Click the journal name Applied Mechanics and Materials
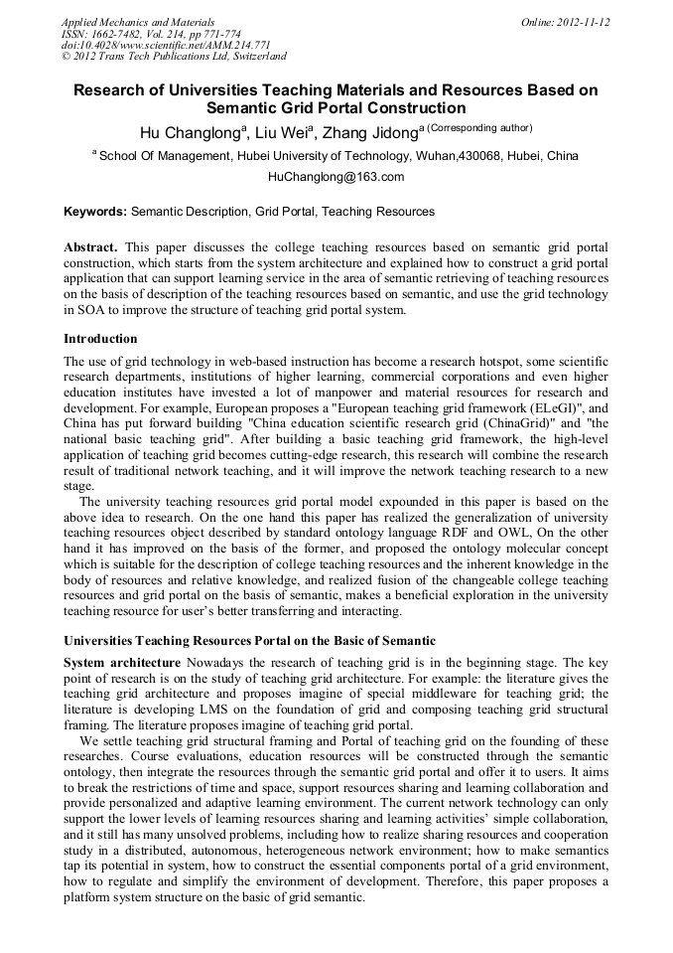point(138,22)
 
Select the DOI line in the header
point(166,46)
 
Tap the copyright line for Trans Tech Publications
point(174,58)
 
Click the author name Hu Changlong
point(191,134)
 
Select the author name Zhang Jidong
point(368,134)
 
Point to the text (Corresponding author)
point(479,128)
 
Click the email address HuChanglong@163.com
point(336,177)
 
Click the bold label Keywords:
point(95,212)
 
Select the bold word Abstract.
point(91,245)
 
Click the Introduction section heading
point(100,339)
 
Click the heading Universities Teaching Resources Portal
point(248,640)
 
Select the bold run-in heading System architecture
point(122,662)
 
